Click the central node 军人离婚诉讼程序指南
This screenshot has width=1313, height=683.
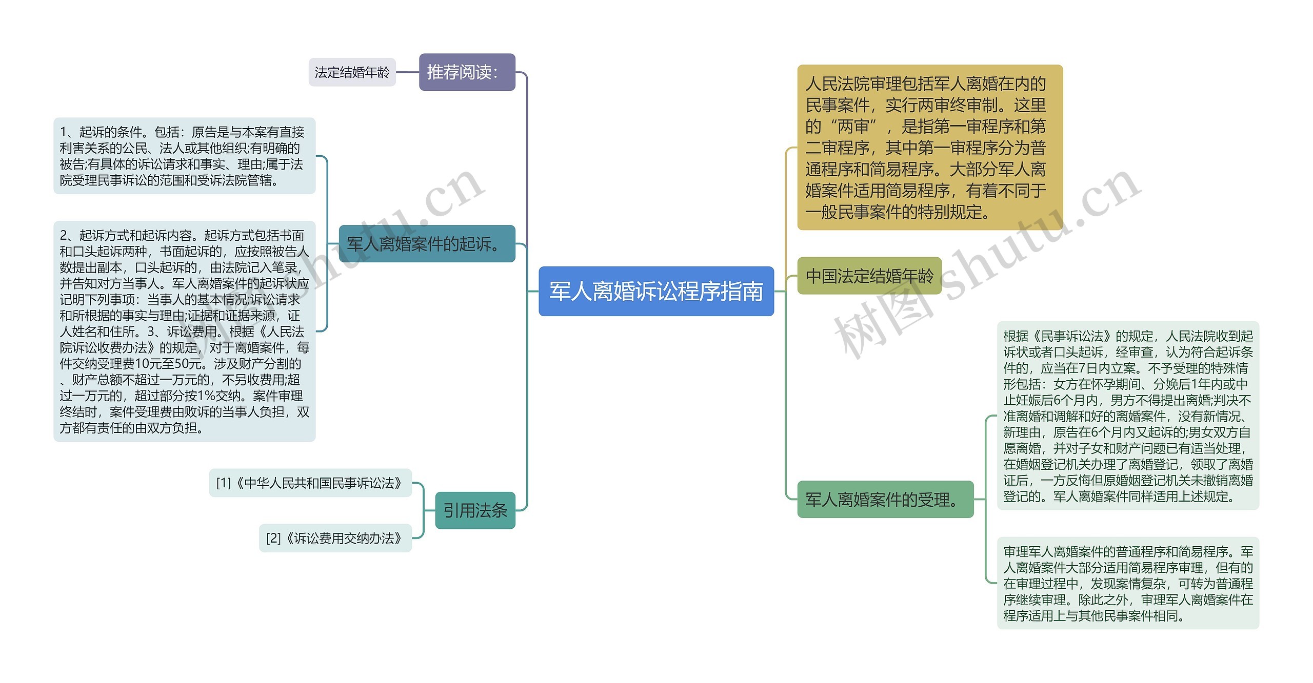(x=656, y=291)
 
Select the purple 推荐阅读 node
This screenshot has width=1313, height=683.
(x=467, y=72)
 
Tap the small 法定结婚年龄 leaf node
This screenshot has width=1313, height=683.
(x=352, y=72)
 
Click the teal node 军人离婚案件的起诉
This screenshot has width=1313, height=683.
(x=427, y=244)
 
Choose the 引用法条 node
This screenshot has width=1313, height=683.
(x=475, y=510)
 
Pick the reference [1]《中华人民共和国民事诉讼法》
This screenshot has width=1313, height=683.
(x=310, y=483)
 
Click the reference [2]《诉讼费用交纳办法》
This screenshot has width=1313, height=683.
(x=335, y=538)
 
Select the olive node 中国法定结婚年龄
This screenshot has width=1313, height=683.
(x=869, y=276)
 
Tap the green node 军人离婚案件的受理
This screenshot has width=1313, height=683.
(x=885, y=500)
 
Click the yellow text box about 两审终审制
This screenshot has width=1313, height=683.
(x=929, y=147)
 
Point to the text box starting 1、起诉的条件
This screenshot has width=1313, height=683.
(x=184, y=156)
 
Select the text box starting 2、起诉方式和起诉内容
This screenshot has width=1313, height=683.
(x=184, y=331)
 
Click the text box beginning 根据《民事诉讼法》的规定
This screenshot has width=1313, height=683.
(x=1128, y=416)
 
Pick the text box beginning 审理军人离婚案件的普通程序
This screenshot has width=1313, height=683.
(x=1128, y=583)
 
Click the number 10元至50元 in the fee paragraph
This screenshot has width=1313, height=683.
(x=163, y=364)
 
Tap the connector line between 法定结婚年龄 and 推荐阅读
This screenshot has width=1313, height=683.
(x=408, y=72)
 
